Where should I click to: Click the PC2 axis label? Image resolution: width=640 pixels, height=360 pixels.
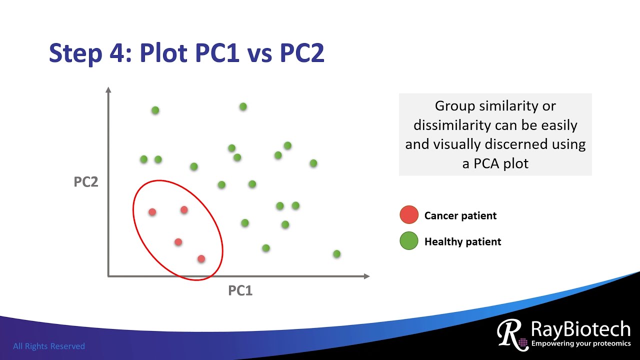click(86, 182)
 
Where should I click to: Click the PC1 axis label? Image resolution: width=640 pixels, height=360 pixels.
click(240, 290)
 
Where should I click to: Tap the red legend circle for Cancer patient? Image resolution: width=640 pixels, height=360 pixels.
click(409, 214)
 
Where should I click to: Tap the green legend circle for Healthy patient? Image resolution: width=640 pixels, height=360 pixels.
click(409, 241)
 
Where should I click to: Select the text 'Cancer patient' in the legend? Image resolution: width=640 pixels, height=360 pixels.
click(460, 216)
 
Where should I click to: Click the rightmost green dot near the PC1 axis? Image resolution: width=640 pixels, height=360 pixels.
click(336, 254)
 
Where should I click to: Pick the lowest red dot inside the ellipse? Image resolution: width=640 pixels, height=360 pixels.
click(201, 258)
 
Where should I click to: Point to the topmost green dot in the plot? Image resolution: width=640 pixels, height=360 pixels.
click(243, 106)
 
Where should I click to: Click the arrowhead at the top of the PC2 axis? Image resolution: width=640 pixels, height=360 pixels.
click(108, 90)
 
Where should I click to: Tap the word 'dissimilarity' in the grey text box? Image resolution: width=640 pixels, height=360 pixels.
click(444, 125)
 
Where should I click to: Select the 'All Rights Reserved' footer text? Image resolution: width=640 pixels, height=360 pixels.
click(49, 346)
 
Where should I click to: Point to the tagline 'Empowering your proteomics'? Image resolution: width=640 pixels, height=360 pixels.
click(580, 343)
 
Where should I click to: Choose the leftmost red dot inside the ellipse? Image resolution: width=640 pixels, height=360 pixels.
click(152, 212)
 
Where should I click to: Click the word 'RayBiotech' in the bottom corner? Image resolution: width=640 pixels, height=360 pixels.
click(580, 329)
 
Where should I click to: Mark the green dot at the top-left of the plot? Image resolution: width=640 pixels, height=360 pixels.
click(155, 110)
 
